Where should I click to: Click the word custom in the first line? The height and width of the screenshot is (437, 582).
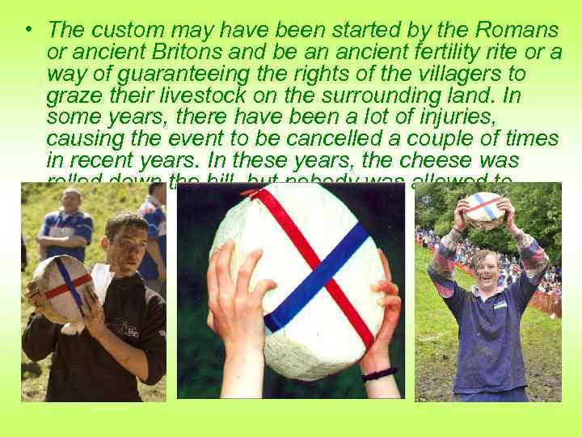point(119,31)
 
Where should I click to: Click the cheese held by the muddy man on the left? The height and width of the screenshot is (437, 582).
point(62,287)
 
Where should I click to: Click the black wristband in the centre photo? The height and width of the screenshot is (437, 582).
point(380,373)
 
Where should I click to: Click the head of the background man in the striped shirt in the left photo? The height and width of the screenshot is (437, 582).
point(70,199)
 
